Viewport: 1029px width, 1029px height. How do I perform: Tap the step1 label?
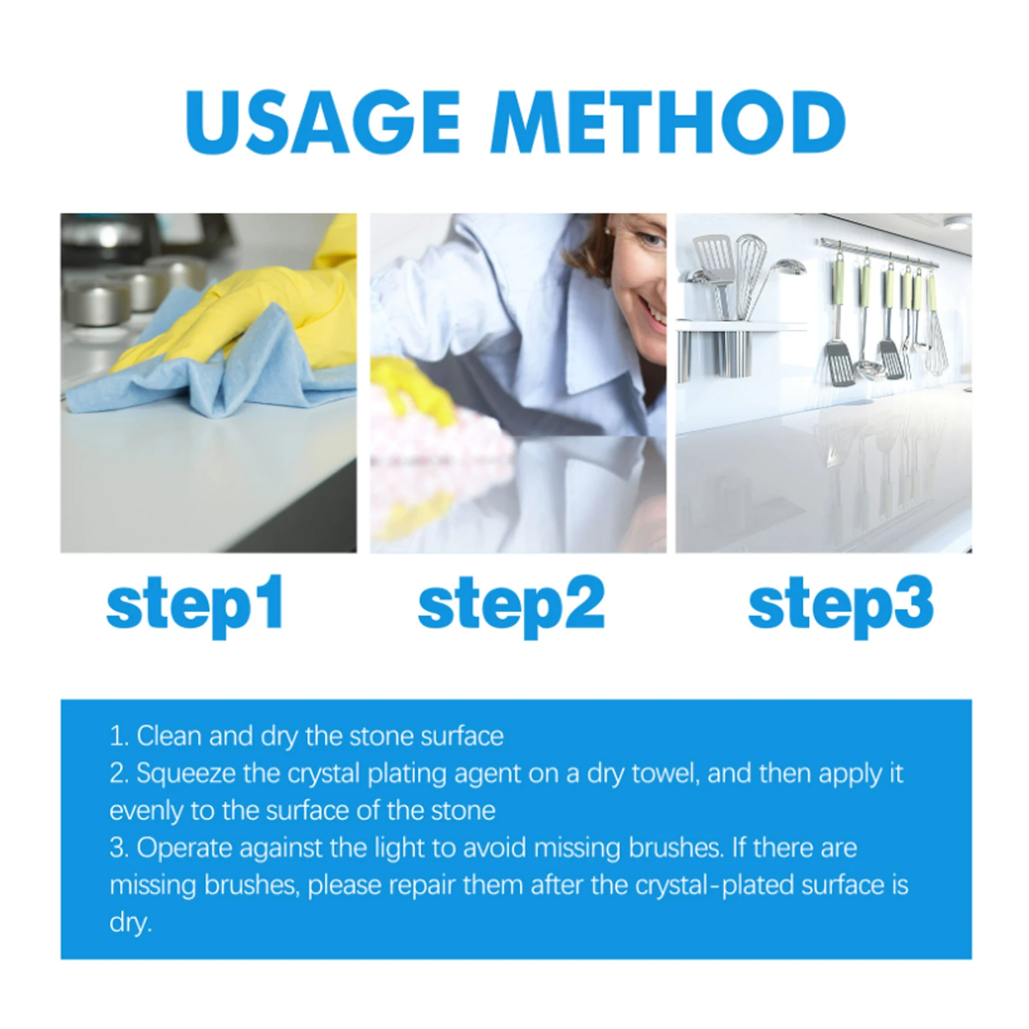pos(195,605)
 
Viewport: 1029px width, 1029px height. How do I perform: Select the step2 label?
pos(511,605)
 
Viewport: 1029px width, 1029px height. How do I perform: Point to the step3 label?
pos(841,605)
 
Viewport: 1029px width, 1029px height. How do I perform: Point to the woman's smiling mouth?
pos(655,315)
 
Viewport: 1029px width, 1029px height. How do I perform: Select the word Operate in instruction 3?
pos(184,848)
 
